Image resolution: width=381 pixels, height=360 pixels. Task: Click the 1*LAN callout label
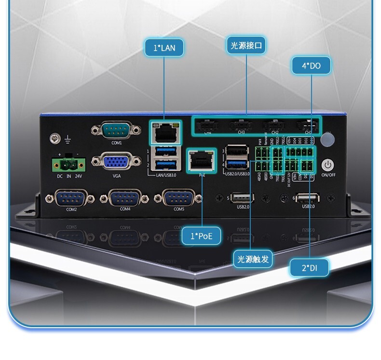164,48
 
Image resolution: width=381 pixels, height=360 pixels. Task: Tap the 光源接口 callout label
246,45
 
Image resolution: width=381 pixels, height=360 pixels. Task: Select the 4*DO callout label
311,66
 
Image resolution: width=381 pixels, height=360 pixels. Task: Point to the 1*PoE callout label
202,235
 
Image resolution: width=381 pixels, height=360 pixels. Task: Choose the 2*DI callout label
309,268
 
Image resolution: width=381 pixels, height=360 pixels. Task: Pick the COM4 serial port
125,198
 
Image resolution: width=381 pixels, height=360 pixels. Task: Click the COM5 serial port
179,198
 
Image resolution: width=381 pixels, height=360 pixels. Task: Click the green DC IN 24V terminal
68,166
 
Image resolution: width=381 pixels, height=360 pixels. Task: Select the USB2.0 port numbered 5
243,198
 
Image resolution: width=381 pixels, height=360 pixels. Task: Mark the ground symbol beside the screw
68,140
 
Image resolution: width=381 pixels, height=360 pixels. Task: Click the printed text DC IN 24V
69,176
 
